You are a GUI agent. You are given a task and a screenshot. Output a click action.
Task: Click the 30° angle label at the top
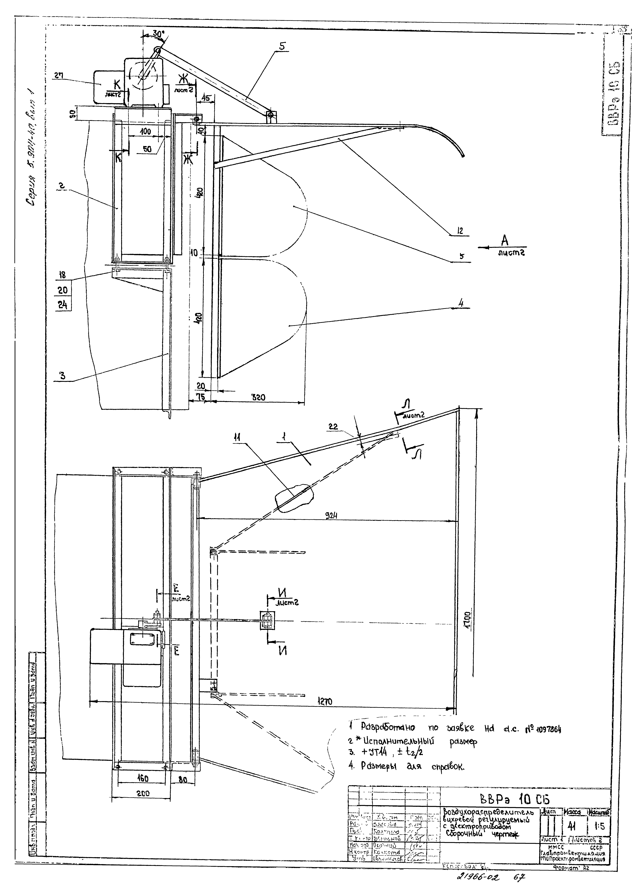click(x=158, y=34)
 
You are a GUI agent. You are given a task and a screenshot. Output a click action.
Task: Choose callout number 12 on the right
click(x=460, y=231)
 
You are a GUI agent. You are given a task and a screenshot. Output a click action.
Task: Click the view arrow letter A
click(x=505, y=240)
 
